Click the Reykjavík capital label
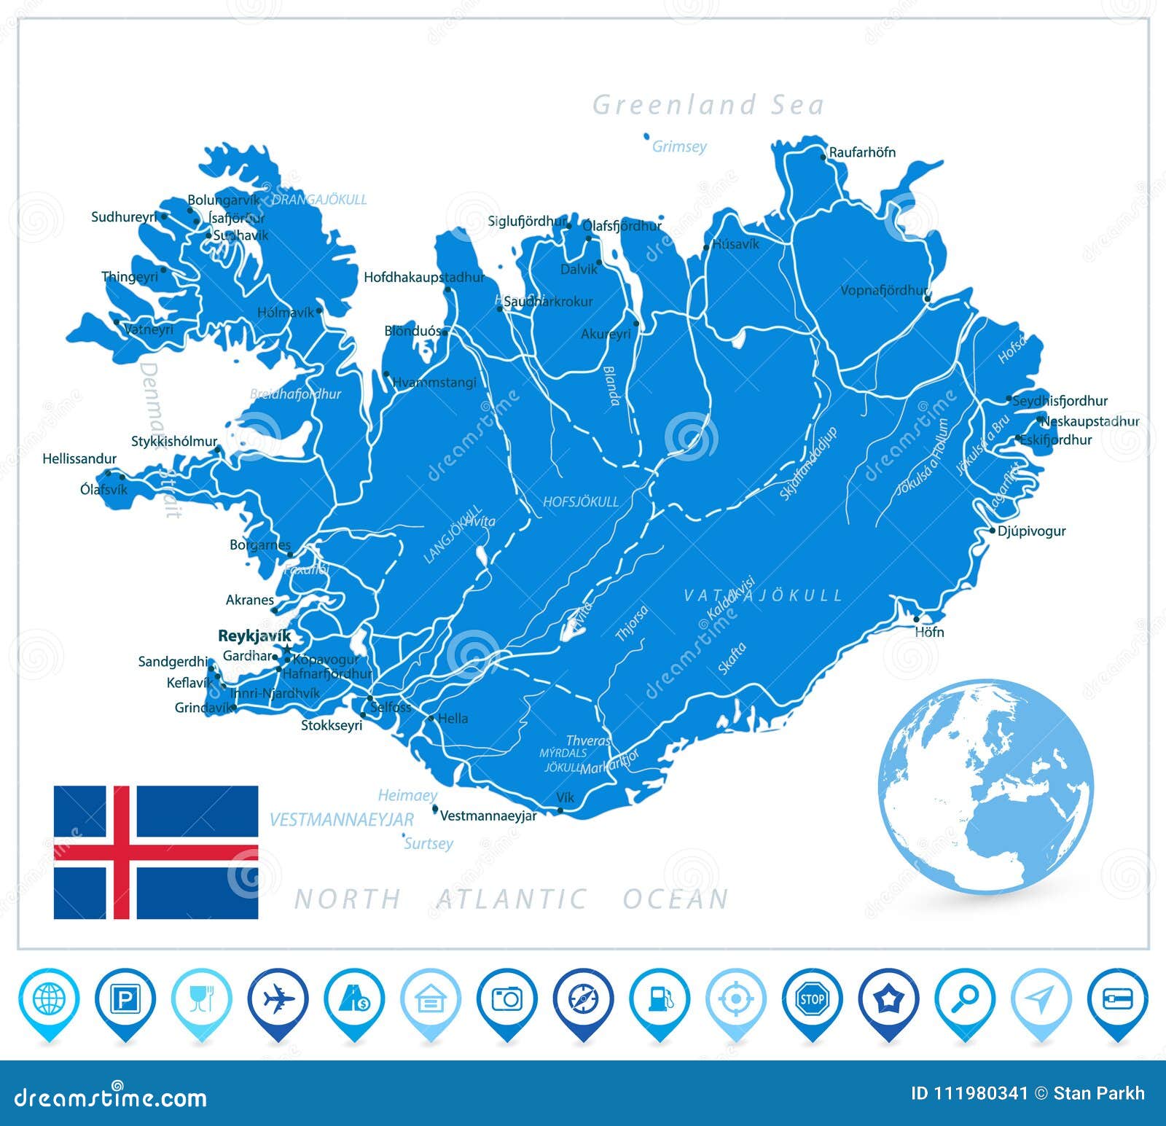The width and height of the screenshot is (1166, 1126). point(254,636)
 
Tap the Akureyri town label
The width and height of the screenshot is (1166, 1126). point(606,335)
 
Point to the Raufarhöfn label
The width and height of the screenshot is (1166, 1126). point(862,152)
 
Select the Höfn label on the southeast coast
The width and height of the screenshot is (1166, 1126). point(929,632)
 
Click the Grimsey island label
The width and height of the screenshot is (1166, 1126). point(679,146)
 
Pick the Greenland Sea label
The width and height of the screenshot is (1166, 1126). point(708,105)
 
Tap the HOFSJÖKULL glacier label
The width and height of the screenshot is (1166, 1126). point(581,501)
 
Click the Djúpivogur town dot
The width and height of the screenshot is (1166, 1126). point(992,531)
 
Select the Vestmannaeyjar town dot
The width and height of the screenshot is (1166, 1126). point(435,808)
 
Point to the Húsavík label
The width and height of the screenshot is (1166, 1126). point(735,244)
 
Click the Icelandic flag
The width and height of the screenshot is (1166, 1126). point(156,852)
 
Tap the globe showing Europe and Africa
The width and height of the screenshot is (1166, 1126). point(985,786)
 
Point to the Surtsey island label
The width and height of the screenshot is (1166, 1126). point(429,843)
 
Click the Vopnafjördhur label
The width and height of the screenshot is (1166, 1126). point(883,290)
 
